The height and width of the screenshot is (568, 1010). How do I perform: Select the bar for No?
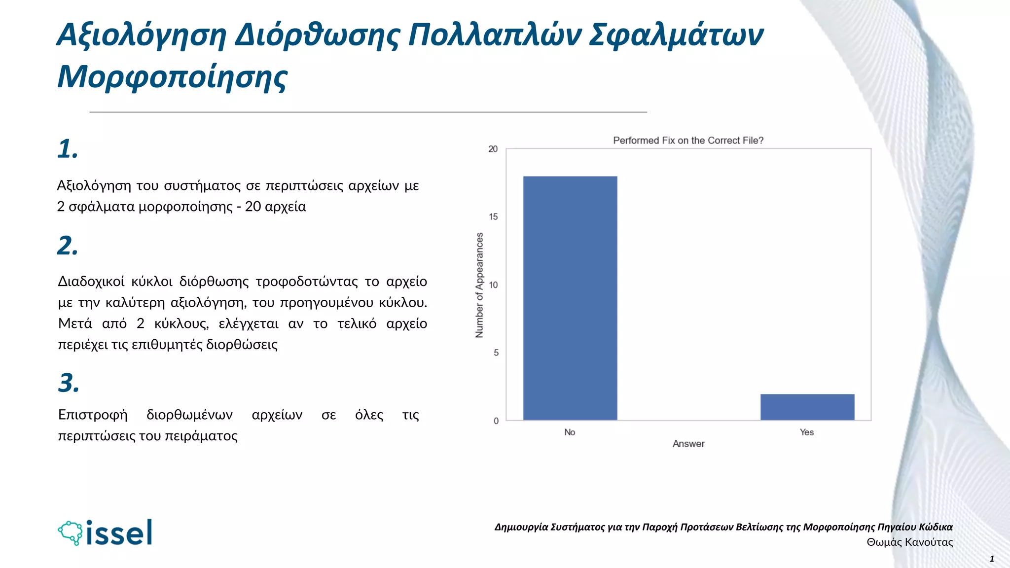coord(570,298)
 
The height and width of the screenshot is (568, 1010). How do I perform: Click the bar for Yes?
coord(807,407)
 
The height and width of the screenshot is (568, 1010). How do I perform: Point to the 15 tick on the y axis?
coord(493,217)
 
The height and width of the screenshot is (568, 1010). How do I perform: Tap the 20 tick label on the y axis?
coord(493,149)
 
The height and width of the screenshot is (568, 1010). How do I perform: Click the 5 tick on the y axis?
coord(496,353)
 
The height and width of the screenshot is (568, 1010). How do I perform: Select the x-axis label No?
coord(570,432)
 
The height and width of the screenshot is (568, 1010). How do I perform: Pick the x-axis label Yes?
coord(807,432)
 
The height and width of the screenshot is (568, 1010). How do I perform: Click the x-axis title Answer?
coord(688,444)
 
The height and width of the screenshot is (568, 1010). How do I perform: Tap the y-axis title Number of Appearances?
coord(479,285)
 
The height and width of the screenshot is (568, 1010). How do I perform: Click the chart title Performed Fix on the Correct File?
coord(688,141)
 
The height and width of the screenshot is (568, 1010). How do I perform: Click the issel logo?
coord(105,532)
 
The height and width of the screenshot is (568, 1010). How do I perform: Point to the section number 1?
coord(68,149)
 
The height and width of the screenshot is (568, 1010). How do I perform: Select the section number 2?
coord(68,246)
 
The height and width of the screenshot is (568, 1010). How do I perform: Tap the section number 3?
coord(69,383)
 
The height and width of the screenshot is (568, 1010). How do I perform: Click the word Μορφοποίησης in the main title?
coord(172,77)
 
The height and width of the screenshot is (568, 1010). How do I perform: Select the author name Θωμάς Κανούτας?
coord(909,542)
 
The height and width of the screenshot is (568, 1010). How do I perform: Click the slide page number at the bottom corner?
coord(992,559)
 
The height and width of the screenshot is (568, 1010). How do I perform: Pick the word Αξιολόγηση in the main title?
coord(142,35)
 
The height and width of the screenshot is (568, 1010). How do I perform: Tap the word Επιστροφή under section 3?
coord(93,415)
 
